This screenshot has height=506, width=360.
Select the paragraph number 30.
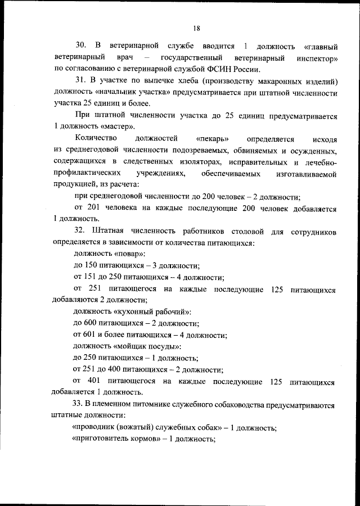(80, 45)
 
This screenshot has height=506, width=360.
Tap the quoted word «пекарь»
(213, 138)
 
